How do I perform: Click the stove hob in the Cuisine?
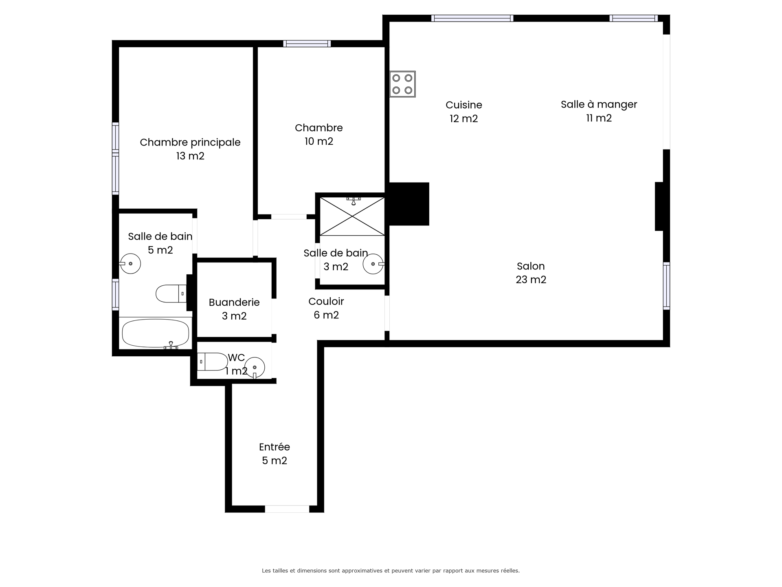click(x=402, y=84)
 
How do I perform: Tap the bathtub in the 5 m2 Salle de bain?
click(x=156, y=333)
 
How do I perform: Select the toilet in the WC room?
click(x=212, y=362)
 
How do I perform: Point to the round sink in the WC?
click(x=255, y=368)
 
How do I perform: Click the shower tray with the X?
click(x=352, y=216)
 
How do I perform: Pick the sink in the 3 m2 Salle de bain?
click(x=373, y=264)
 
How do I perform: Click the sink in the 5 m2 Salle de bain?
click(x=130, y=263)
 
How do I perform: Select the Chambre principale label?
click(x=190, y=142)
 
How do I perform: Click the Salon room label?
click(x=531, y=266)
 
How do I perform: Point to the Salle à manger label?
click(x=599, y=104)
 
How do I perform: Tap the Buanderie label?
click(x=234, y=302)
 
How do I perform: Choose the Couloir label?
click(x=326, y=301)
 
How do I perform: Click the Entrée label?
click(x=275, y=447)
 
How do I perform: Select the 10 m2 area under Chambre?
click(x=319, y=141)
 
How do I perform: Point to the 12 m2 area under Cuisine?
click(x=464, y=119)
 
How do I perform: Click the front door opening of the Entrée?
click(x=287, y=509)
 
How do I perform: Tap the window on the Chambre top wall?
click(x=307, y=44)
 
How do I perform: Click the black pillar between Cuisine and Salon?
click(x=409, y=204)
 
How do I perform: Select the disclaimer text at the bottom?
click(x=391, y=571)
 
